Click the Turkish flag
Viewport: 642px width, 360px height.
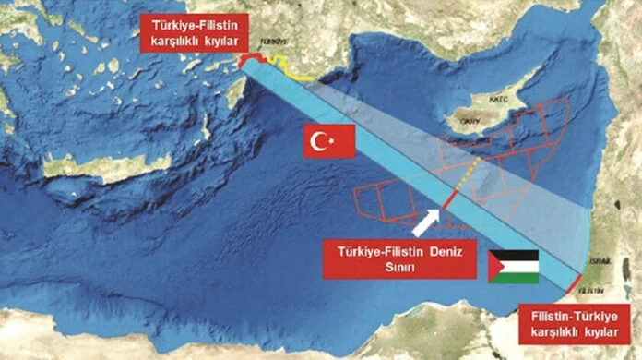(x=330, y=141)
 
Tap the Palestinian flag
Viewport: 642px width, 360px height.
(x=514, y=266)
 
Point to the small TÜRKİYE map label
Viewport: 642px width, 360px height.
(x=275, y=42)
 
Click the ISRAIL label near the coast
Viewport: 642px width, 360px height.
(x=600, y=261)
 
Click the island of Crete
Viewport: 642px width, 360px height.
(x=106, y=166)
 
